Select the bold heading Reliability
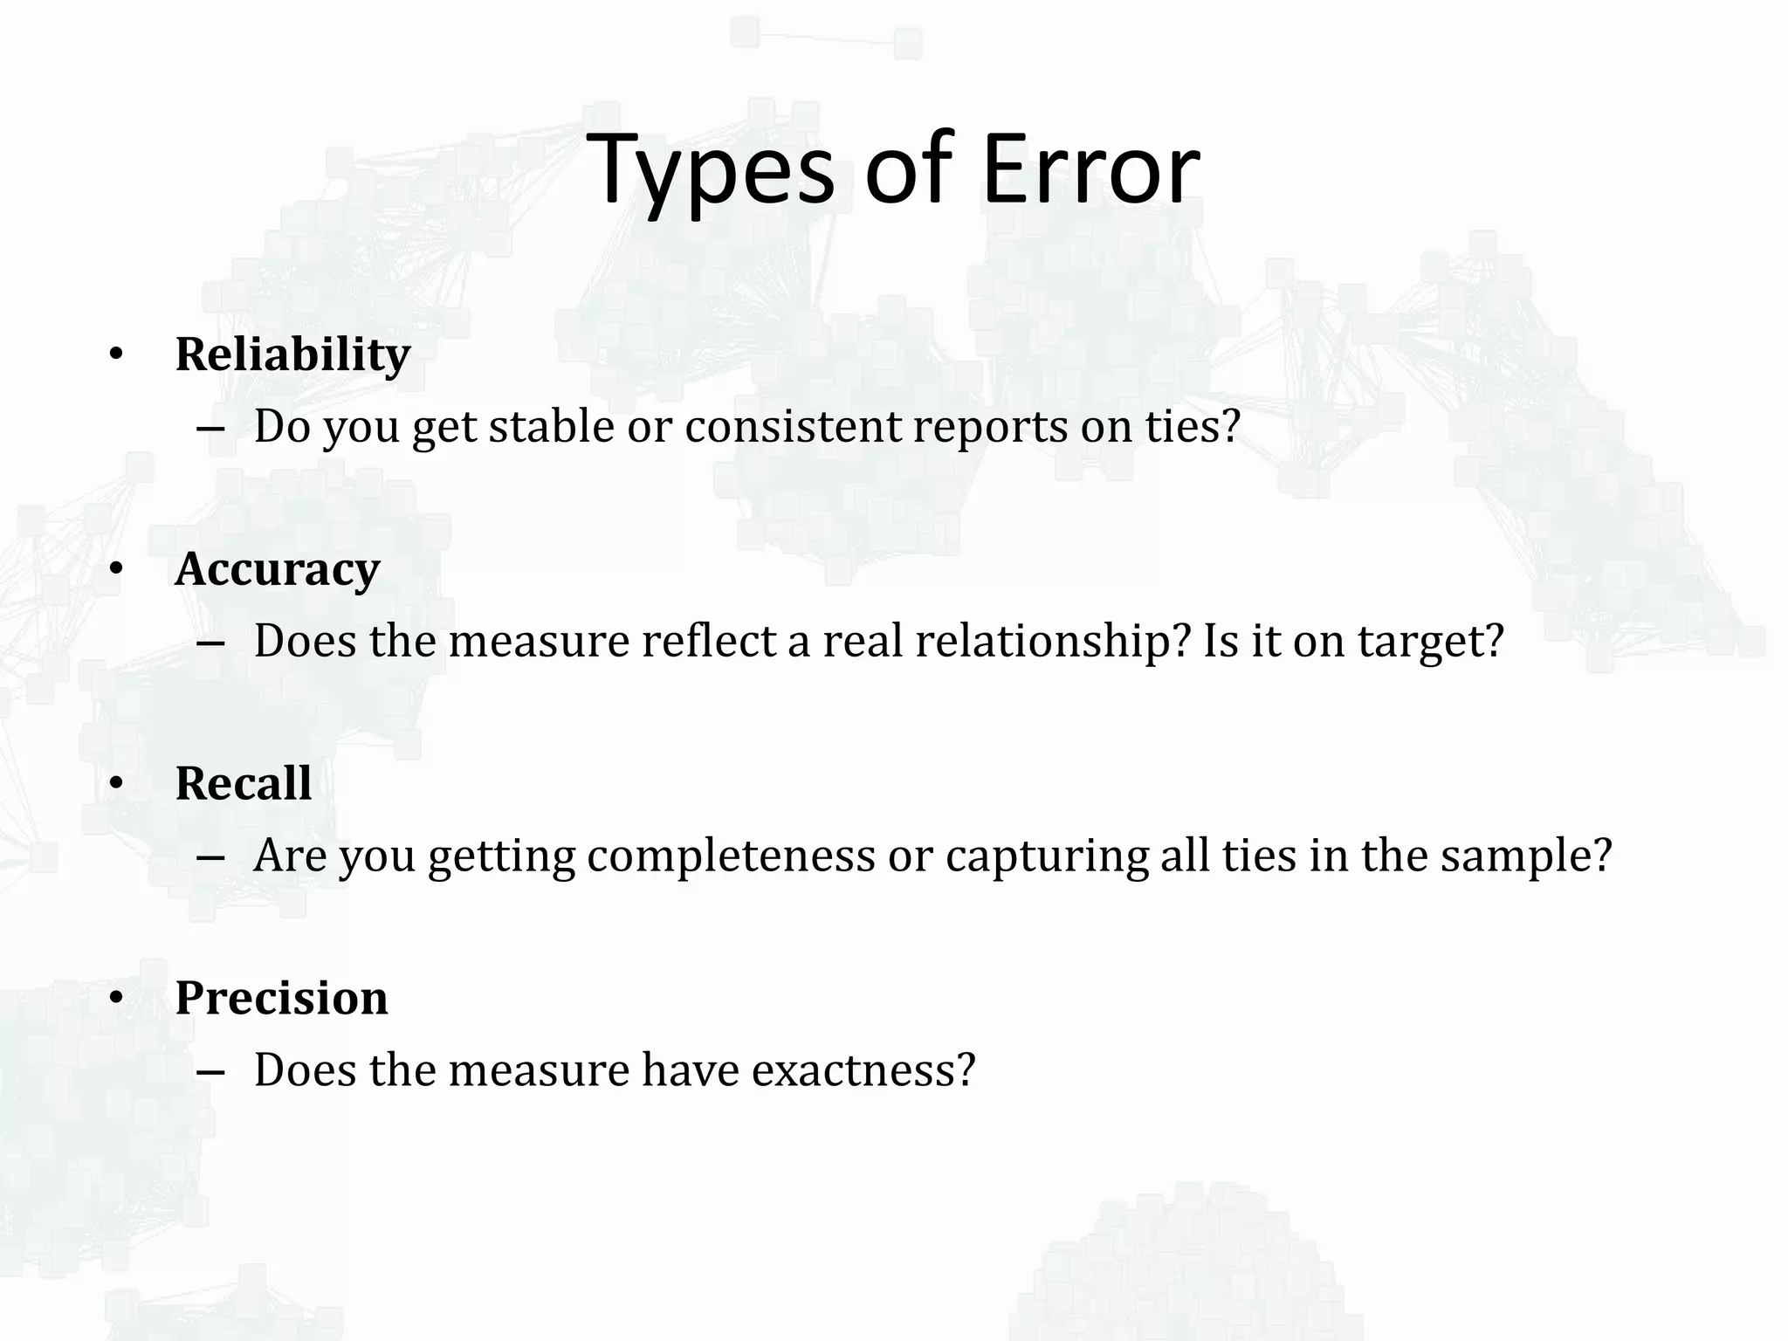point(292,354)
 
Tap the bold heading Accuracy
point(278,569)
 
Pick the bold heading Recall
point(243,783)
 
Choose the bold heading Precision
point(281,998)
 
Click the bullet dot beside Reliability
point(116,356)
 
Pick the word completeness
point(731,856)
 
